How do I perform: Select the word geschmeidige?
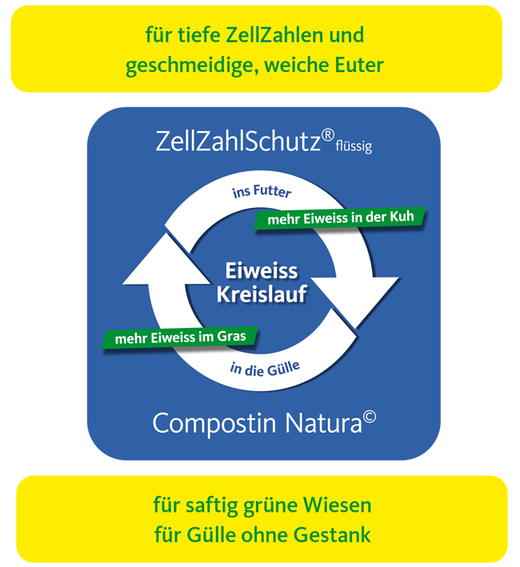(x=186, y=66)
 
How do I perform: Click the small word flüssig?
(x=354, y=147)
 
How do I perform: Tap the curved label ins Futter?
(x=262, y=192)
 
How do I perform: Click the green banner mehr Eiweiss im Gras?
(x=181, y=337)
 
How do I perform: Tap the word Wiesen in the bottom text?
(x=341, y=506)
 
